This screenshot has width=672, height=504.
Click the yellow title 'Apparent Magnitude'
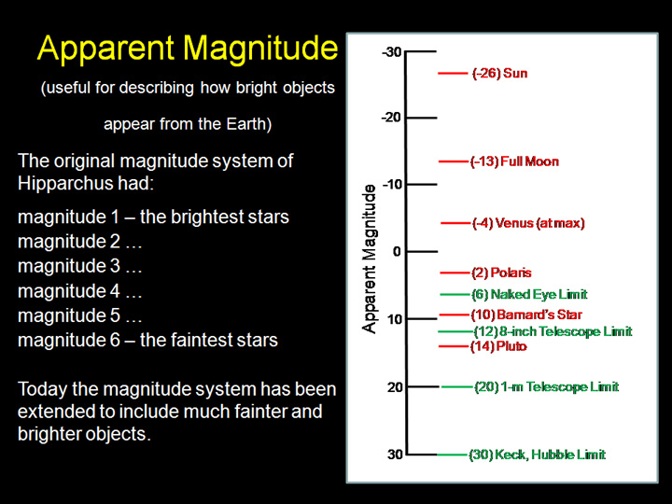(187, 49)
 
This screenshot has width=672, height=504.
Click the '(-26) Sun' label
(499, 73)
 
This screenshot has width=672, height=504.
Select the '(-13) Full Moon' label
(514, 161)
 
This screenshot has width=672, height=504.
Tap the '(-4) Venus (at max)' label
(527, 223)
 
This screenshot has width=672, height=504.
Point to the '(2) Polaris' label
(501, 273)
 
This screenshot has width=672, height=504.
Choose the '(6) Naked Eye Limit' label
(528, 295)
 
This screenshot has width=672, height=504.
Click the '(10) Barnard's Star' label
(525, 315)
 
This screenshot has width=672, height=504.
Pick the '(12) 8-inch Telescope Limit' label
(552, 331)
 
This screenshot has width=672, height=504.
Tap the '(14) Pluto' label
(498, 346)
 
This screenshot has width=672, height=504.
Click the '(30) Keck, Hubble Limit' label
(537, 455)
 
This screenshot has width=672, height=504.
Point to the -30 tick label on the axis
(391, 51)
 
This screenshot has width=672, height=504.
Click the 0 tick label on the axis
(396, 251)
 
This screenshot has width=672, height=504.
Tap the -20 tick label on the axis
(391, 118)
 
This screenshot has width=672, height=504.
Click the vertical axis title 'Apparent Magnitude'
(370, 259)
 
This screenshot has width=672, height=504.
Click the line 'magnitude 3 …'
(80, 267)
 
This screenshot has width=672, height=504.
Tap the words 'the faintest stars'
(208, 340)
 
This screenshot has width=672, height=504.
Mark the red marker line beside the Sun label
(452, 73)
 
